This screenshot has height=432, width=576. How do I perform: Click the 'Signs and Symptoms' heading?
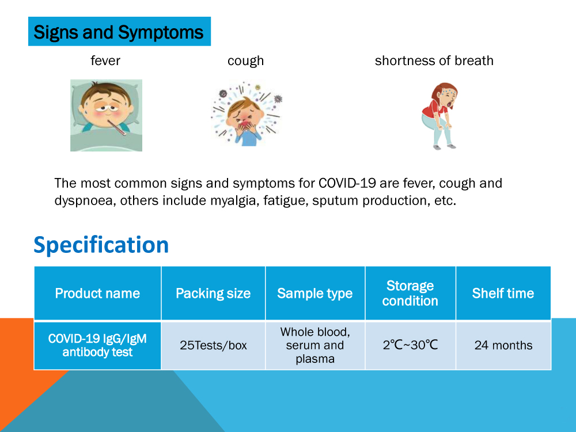pyautogui.click(x=119, y=32)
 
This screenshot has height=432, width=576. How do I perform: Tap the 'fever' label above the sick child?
pyautogui.click(x=105, y=60)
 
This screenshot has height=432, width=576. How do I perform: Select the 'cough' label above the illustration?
pyautogui.click(x=245, y=60)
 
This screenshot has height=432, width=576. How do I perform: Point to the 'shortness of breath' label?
pyautogui.click(x=434, y=60)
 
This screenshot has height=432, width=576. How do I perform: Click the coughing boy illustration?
pyautogui.click(x=246, y=114)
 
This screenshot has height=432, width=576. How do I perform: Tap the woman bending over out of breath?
pyautogui.click(x=439, y=115)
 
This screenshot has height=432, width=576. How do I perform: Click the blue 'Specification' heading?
pyautogui.click(x=101, y=245)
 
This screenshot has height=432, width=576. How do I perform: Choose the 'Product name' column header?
pyautogui.click(x=97, y=293)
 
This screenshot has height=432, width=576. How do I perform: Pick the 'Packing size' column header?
pyautogui.click(x=213, y=293)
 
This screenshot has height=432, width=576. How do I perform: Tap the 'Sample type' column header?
pyautogui.click(x=314, y=293)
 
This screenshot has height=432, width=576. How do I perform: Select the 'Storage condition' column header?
pyautogui.click(x=410, y=293)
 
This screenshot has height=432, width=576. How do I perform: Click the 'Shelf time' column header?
pyautogui.click(x=503, y=293)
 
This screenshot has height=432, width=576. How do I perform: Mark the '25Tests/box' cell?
pyautogui.click(x=213, y=346)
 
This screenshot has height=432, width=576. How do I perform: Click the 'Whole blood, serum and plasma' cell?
pyautogui.click(x=314, y=346)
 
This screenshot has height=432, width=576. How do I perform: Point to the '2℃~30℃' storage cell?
pyautogui.click(x=410, y=346)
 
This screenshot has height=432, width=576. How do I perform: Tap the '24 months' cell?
pyautogui.click(x=503, y=346)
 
